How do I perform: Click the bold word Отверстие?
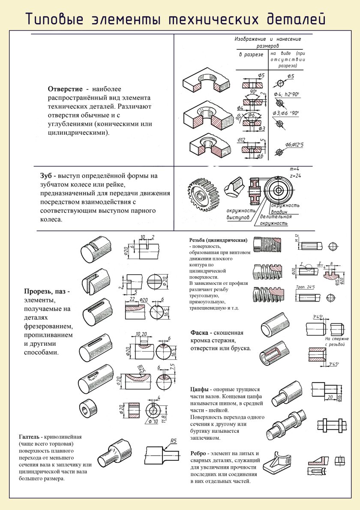[x=65, y=89]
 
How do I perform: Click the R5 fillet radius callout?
[x=174, y=441]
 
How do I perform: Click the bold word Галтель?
[x=31, y=437]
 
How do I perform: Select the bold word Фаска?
[x=200, y=332]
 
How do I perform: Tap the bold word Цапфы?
[x=200, y=389]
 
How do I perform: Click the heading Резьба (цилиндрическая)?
[x=218, y=240]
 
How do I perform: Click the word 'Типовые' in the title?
[x=51, y=19]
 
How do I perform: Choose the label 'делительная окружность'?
[x=275, y=220]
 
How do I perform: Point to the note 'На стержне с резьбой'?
[x=337, y=341]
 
